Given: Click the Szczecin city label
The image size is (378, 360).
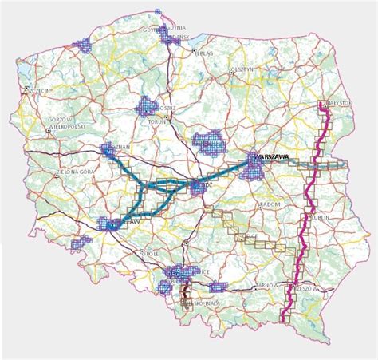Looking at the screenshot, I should click(39, 92).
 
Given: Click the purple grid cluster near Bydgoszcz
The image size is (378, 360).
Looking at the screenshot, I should click(148, 106).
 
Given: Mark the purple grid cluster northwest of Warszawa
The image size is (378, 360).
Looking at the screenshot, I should click(212, 142).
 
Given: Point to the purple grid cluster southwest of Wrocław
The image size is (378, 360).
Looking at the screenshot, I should click(83, 240).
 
